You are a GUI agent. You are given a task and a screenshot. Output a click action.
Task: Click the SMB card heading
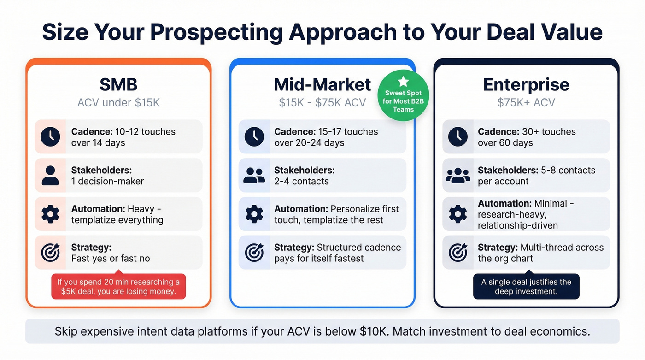(x=118, y=85)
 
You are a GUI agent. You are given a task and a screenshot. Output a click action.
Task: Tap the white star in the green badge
(x=403, y=82)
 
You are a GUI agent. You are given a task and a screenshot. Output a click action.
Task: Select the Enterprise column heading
(x=526, y=85)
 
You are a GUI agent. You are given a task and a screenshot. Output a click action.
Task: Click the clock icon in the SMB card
(x=50, y=137)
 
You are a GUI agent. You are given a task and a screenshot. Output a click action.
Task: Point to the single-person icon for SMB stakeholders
(x=50, y=176)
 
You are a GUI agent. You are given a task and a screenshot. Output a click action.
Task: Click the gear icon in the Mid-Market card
(x=254, y=214)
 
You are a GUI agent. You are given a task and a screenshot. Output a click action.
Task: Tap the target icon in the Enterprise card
(x=457, y=253)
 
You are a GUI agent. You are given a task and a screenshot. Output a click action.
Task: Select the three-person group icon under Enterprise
(x=457, y=176)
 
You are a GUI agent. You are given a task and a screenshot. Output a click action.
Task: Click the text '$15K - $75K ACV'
(x=322, y=102)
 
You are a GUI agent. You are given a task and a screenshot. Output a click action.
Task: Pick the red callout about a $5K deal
(x=118, y=286)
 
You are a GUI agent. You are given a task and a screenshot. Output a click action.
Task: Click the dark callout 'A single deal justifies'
(x=526, y=286)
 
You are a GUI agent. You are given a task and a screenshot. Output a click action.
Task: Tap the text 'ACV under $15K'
(x=118, y=102)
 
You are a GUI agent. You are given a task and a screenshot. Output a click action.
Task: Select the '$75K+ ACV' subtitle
(x=526, y=102)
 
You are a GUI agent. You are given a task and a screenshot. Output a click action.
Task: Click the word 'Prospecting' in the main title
(x=217, y=32)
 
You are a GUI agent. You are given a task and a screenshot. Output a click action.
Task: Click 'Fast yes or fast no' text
(x=111, y=259)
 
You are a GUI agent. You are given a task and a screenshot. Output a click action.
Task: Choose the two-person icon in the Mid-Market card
(x=254, y=176)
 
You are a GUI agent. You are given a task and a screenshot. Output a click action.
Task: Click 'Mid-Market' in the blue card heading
(x=322, y=85)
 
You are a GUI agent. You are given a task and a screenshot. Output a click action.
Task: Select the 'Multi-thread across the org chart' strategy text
(x=540, y=253)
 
